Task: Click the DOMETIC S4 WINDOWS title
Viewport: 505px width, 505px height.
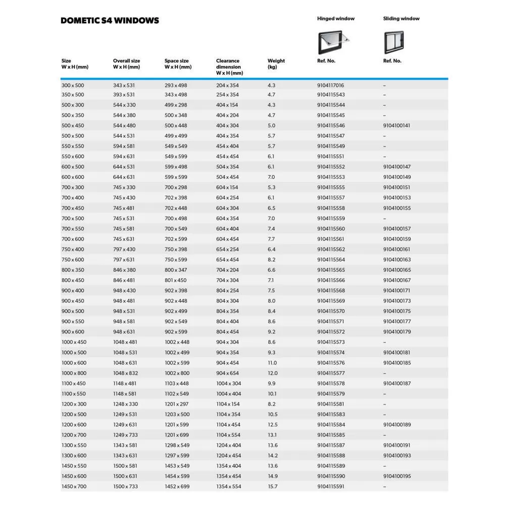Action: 110,21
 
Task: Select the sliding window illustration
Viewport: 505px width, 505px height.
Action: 393,42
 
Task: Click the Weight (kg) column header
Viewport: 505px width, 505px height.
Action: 276,64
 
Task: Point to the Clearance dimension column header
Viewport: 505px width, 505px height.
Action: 229,67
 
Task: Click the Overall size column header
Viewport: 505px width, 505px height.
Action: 126,64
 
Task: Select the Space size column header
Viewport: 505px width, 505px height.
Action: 178,64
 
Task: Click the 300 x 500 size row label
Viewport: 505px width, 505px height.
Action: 73,85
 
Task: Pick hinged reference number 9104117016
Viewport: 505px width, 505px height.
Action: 331,85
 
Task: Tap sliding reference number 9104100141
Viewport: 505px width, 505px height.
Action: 397,125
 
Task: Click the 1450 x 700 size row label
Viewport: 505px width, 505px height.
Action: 74,486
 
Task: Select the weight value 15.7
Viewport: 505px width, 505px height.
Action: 273,486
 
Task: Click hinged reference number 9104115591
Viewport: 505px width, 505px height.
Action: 331,486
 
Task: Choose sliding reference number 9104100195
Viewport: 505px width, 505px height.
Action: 397,476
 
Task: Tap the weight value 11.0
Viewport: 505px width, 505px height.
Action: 272,363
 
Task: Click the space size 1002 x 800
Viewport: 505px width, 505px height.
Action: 176,373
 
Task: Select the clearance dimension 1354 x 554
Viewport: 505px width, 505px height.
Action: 228,486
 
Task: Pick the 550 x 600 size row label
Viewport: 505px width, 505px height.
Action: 73,157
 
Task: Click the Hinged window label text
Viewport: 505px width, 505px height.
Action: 336,19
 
